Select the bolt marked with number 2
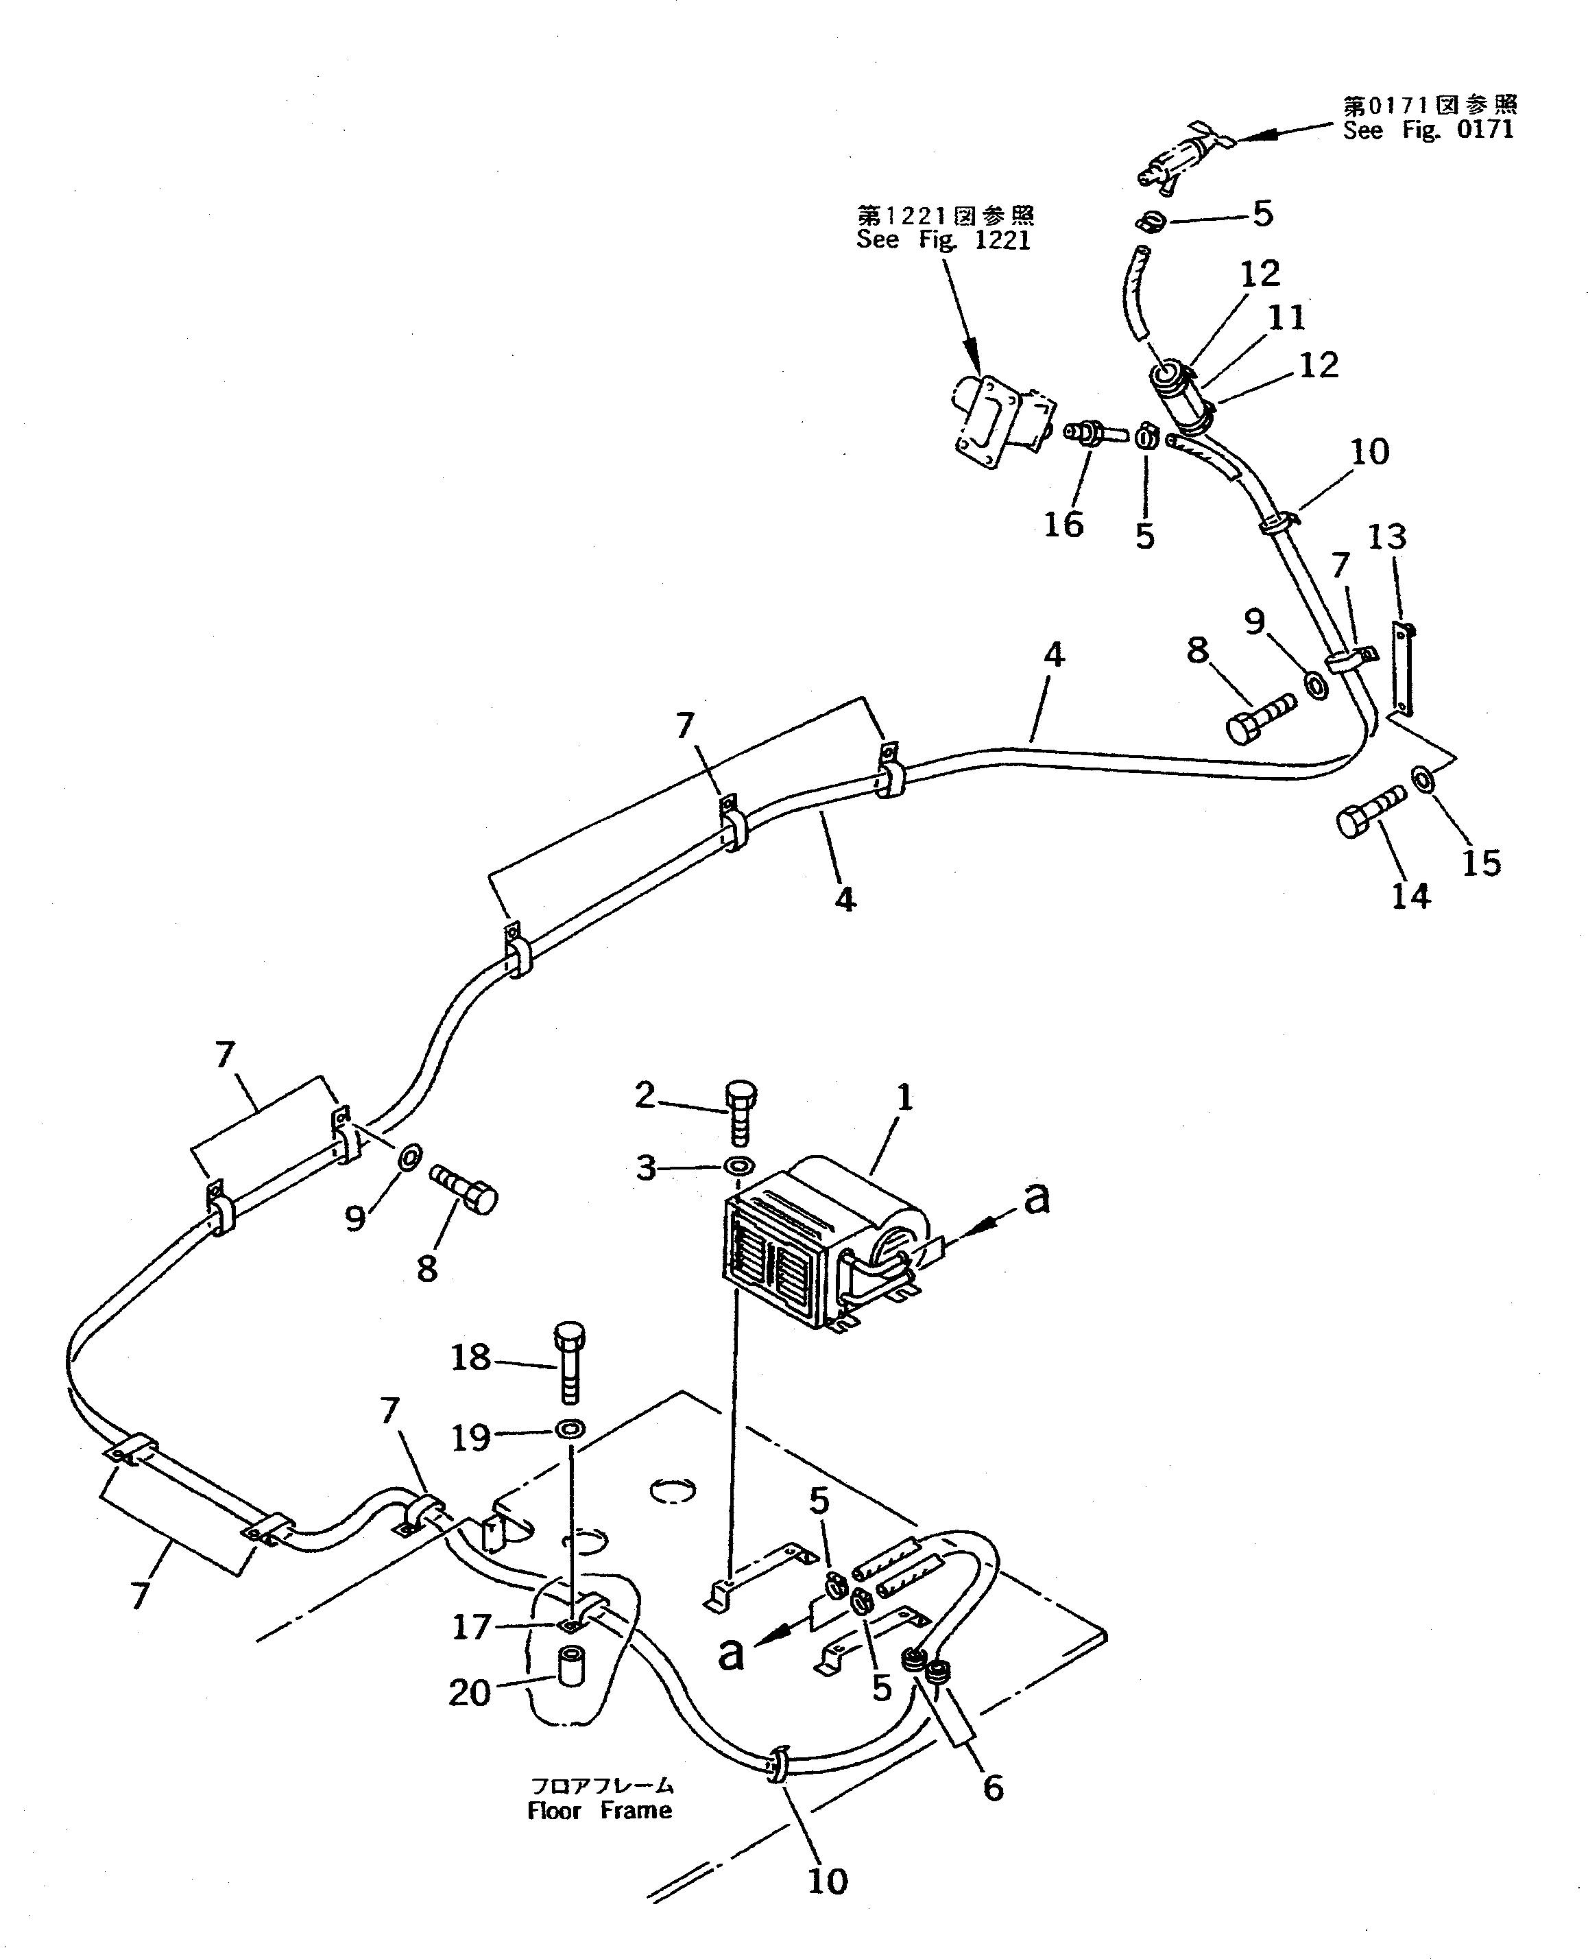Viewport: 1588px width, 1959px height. [x=740, y=1113]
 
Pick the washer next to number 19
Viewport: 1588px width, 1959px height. [x=570, y=1428]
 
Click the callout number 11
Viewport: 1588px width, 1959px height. [x=1286, y=318]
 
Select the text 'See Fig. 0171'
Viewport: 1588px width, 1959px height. [x=1428, y=130]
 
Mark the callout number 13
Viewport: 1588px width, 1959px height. [x=1386, y=537]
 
